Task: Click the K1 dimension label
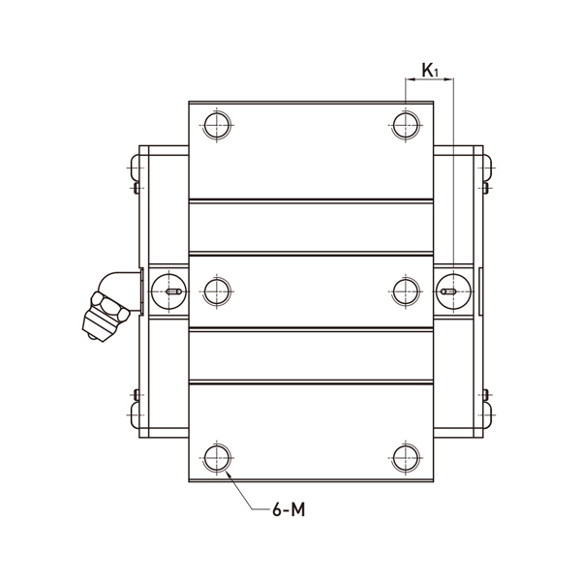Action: (429, 71)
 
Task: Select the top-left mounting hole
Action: (216, 124)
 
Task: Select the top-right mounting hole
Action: (405, 124)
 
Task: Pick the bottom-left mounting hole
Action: (216, 457)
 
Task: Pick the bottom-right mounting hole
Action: (405, 457)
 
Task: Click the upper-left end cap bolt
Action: (134, 170)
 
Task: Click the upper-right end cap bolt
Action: (488, 170)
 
